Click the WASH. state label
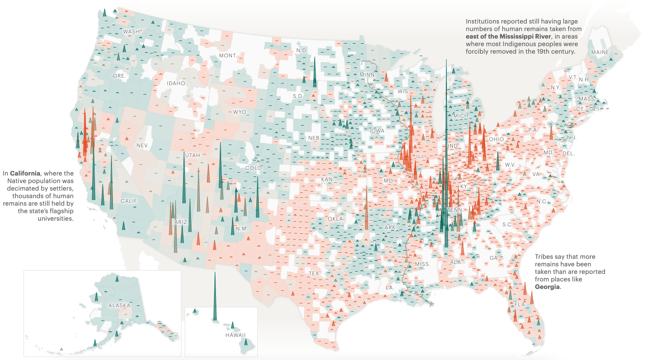click(x=132, y=32)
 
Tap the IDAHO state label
click(x=176, y=83)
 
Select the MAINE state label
click(x=600, y=52)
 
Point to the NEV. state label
click(x=143, y=145)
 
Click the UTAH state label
click(x=192, y=155)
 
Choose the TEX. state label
click(x=314, y=273)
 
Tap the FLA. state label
click(x=520, y=304)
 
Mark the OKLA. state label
click(x=336, y=219)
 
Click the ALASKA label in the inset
click(x=119, y=305)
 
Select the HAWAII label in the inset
click(x=235, y=335)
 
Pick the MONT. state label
click(x=228, y=56)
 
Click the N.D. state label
click(x=302, y=50)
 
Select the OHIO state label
click(x=496, y=139)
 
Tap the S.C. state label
click(x=507, y=224)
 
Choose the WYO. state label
click(x=240, y=112)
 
